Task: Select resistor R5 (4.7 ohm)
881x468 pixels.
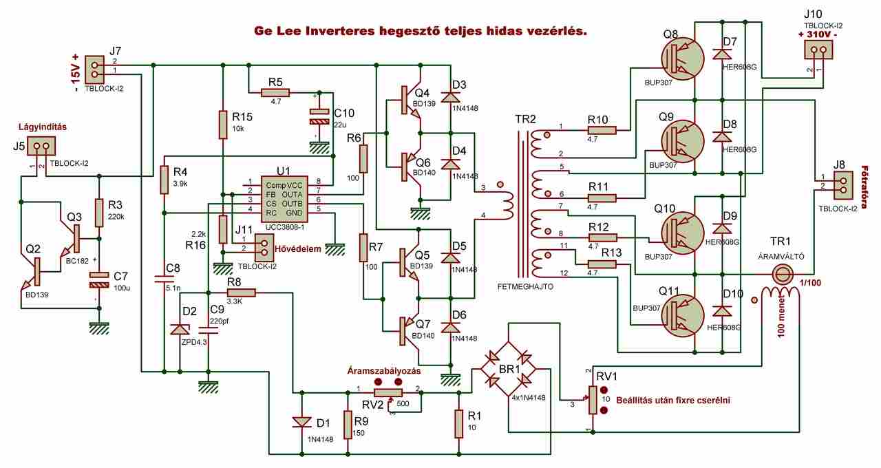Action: [275, 92]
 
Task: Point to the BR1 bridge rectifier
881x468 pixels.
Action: [509, 371]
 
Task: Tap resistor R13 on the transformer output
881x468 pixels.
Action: [601, 265]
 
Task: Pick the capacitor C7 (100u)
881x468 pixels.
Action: [99, 279]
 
